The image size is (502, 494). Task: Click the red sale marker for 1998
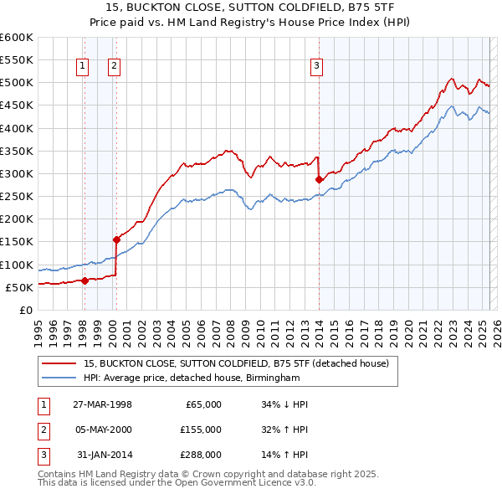(x=85, y=280)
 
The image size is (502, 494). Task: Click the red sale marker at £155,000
(x=116, y=239)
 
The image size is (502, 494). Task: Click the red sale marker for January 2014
(x=319, y=179)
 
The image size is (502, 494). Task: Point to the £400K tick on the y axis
(x=17, y=128)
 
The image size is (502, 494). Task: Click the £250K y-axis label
(x=17, y=197)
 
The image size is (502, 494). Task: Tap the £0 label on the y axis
(x=25, y=311)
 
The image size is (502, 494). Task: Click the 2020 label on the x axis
(x=407, y=327)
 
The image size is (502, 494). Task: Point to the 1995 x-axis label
(x=38, y=327)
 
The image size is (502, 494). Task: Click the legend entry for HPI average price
(x=191, y=378)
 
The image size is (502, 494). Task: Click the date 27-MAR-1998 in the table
(x=102, y=404)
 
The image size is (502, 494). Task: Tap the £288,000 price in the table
(x=202, y=455)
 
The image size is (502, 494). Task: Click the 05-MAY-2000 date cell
(x=102, y=430)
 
